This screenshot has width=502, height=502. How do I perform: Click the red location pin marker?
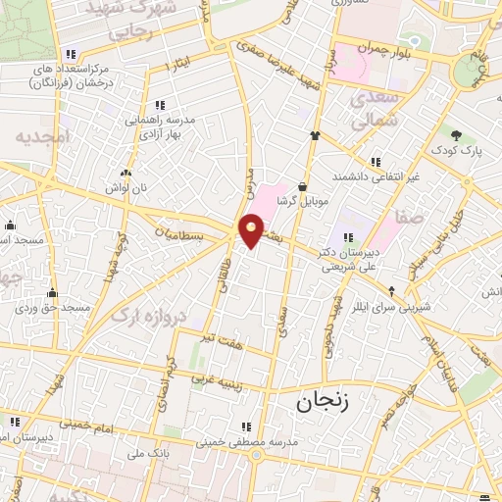[x=252, y=229]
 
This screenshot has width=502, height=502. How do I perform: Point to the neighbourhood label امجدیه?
[x=44, y=138]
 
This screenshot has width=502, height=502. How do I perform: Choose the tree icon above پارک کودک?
[x=456, y=135]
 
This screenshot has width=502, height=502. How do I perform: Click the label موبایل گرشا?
[x=301, y=199]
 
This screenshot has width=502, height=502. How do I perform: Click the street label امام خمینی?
[x=93, y=423]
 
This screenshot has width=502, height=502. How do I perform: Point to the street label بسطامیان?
[x=180, y=236]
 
